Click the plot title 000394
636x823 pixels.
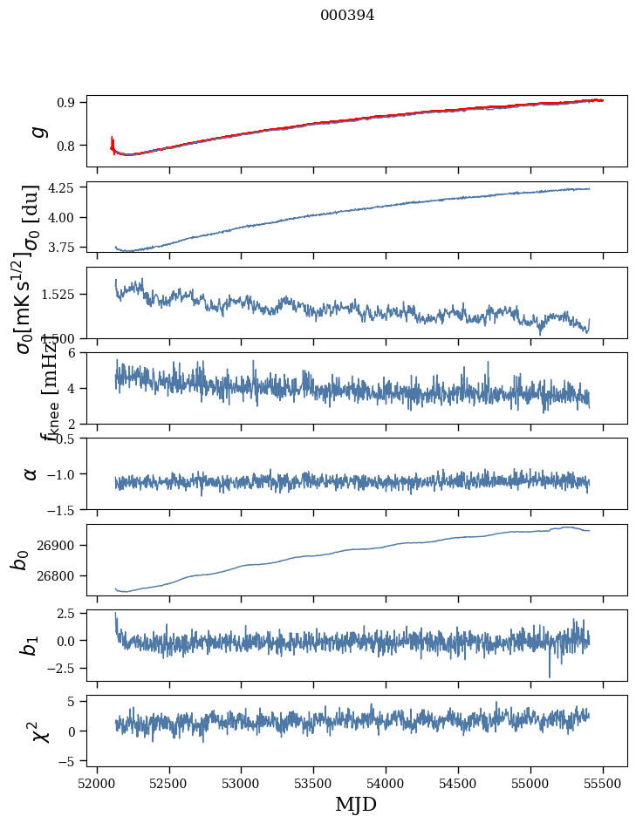[x=347, y=15]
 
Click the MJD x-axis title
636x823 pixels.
[x=356, y=804]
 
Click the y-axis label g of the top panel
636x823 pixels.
[x=37, y=131]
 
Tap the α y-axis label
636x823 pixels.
[x=31, y=473]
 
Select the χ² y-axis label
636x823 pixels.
[x=37, y=731]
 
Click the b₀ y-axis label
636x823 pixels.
[x=19, y=559]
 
